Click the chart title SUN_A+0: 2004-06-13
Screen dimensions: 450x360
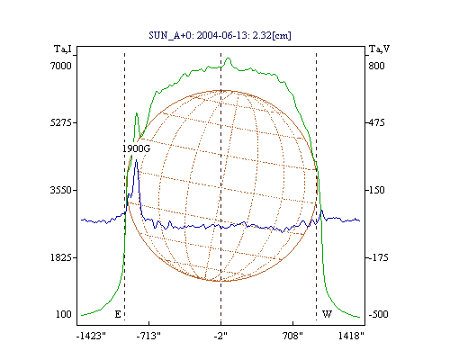click(x=220, y=35)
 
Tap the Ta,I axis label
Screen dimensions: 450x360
click(x=63, y=49)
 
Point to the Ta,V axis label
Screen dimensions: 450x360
click(x=380, y=49)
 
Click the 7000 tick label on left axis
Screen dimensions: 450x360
click(x=61, y=66)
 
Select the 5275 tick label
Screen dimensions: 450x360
click(x=61, y=122)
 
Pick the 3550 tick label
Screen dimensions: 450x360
click(x=61, y=190)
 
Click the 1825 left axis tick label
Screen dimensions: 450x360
click(x=61, y=257)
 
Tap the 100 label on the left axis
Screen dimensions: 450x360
click(x=64, y=314)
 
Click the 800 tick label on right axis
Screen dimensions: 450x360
click(x=376, y=66)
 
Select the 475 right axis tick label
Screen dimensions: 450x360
click(x=376, y=122)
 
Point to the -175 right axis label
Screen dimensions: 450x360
click(x=378, y=257)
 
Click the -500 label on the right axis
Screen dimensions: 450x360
click(x=378, y=314)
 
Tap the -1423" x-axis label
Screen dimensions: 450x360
click(x=91, y=336)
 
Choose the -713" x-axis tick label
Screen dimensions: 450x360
click(x=148, y=336)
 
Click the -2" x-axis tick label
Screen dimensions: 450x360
click(x=220, y=336)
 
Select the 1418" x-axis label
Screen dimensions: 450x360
click(x=351, y=336)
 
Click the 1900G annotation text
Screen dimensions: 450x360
click(x=136, y=148)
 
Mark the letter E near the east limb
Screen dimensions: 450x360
click(x=118, y=314)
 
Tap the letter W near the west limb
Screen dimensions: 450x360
click(x=327, y=314)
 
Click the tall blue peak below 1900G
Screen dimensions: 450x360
click(x=137, y=160)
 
